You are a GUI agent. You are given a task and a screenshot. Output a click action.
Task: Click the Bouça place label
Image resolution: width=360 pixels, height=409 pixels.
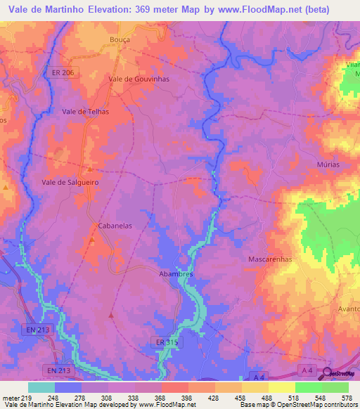coord(120,40)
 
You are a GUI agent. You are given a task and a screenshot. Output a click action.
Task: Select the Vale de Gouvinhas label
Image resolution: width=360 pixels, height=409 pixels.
coord(139,79)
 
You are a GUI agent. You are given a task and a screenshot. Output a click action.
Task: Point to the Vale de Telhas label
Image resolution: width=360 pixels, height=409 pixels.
coord(86,111)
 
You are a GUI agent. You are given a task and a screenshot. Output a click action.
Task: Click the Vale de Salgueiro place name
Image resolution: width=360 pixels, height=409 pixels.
coord(70,181)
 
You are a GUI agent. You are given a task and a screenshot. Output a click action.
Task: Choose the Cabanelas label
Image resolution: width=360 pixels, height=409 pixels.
coord(115,226)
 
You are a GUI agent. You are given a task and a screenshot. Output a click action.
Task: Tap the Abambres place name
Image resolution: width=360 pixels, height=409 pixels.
coord(176,274)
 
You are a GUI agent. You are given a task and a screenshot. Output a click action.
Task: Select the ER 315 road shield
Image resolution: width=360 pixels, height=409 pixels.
coord(164,341)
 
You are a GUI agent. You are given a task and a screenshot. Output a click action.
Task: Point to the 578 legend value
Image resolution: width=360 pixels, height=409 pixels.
coord(346,397)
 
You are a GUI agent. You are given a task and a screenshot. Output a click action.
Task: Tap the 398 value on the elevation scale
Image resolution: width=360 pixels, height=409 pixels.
coord(187,397)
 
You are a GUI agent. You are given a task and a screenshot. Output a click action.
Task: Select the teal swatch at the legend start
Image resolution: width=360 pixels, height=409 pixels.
coord(41,387)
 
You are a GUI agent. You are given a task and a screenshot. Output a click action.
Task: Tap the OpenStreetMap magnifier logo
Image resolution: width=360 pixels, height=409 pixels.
coord(328,372)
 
